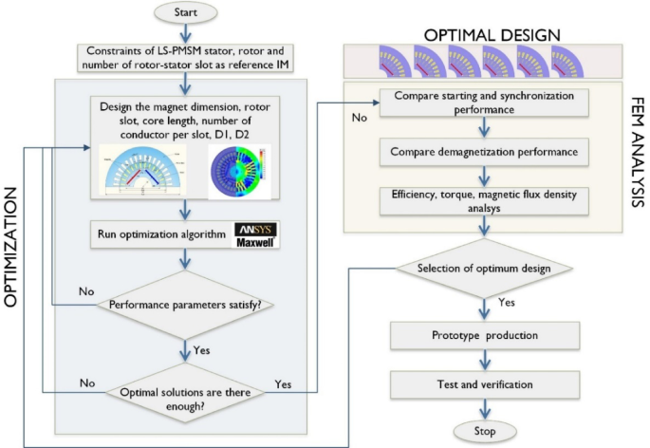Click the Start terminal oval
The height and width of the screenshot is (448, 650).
tap(186, 14)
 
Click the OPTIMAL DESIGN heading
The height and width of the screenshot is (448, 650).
tap(492, 35)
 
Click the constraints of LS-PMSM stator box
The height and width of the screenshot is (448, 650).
tap(186, 57)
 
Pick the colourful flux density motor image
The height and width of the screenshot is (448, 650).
tap(237, 171)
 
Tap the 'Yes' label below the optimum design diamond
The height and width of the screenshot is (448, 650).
tap(507, 304)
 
